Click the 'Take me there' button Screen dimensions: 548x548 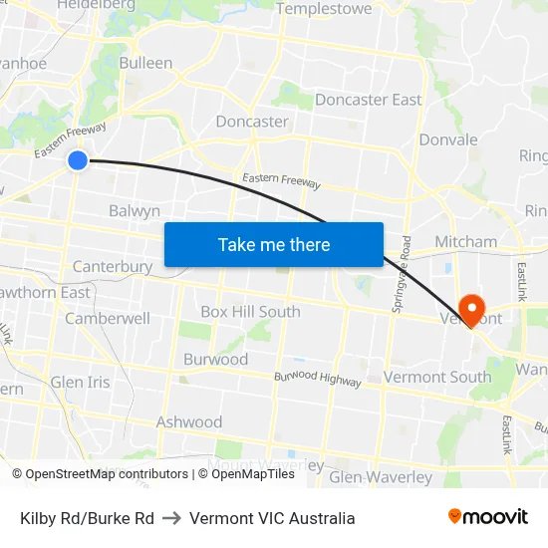coord(274,244)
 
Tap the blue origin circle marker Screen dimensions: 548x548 coord(78,159)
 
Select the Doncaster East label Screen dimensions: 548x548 coord(368,100)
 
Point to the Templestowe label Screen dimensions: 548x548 coord(324,9)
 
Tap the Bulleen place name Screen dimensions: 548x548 coord(145,63)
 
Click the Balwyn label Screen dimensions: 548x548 coord(135,211)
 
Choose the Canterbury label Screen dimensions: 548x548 coord(113,267)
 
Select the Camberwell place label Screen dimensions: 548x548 coord(108,319)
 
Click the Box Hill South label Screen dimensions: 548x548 coord(250,312)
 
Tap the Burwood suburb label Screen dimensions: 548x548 coord(215,359)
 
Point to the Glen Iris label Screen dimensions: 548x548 coord(80,382)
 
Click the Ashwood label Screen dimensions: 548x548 coord(189,422)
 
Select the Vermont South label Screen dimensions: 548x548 coord(437,377)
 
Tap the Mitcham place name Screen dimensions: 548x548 coord(465,241)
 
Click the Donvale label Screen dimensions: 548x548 coord(448,139)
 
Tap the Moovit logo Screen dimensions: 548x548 coord(488,517)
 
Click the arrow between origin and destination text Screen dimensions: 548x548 coord(171,518)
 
